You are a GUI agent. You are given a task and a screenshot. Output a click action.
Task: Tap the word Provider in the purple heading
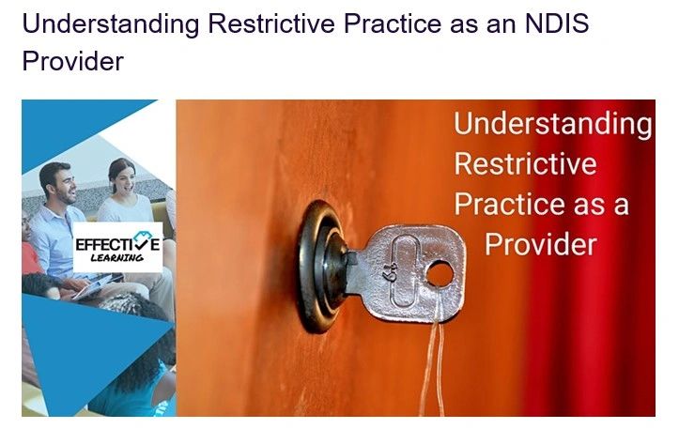tap(72, 61)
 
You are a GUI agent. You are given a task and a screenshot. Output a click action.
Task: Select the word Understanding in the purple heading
tap(110, 24)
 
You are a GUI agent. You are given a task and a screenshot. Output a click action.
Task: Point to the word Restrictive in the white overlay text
tap(525, 164)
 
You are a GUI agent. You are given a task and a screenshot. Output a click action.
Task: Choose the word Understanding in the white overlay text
tap(552, 124)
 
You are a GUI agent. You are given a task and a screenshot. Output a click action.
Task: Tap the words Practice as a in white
tap(541, 205)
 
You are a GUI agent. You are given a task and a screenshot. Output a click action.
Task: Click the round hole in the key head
tap(440, 274)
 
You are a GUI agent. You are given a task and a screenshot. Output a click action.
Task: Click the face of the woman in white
tap(120, 176)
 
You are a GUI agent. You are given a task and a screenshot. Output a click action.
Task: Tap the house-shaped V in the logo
tap(140, 241)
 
